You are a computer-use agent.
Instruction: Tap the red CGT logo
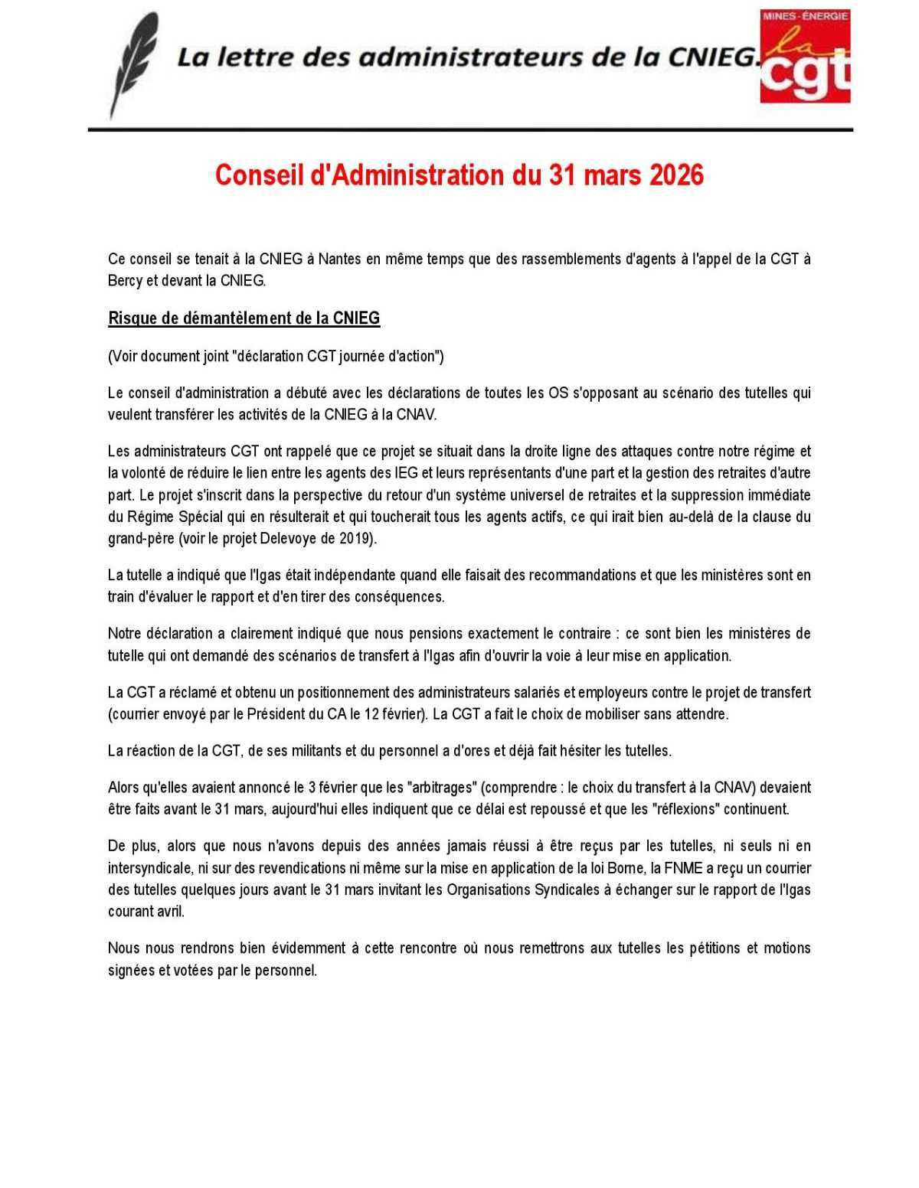pos(805,56)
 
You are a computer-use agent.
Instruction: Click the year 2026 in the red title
pos(676,175)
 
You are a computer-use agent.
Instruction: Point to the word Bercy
pos(125,281)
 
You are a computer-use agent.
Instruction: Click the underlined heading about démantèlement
pos(244,318)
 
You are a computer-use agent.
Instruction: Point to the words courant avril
pos(146,912)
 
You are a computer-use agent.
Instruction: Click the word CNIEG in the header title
pos(715,57)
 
